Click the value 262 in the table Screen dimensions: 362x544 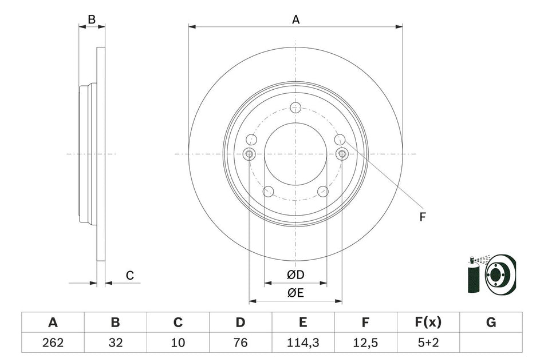point(53,343)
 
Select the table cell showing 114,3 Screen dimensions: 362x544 point(303,343)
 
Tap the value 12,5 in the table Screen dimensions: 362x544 point(365,343)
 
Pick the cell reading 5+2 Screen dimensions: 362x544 point(428,343)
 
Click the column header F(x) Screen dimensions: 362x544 point(428,323)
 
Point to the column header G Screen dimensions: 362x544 point(491,323)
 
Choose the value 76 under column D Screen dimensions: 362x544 point(241,343)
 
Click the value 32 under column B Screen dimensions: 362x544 point(115,343)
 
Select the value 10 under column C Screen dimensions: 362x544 point(178,343)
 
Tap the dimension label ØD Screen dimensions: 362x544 point(295,275)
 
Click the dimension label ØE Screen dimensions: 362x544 point(295,293)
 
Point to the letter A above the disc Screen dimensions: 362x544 point(296,19)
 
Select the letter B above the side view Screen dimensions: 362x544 point(92,19)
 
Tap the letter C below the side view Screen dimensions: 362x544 point(130,276)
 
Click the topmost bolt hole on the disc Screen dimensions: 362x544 point(295,108)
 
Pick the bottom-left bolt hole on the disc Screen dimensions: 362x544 point(268,192)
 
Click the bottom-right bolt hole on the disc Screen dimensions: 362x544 point(323,192)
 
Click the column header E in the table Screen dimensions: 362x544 point(303,323)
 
